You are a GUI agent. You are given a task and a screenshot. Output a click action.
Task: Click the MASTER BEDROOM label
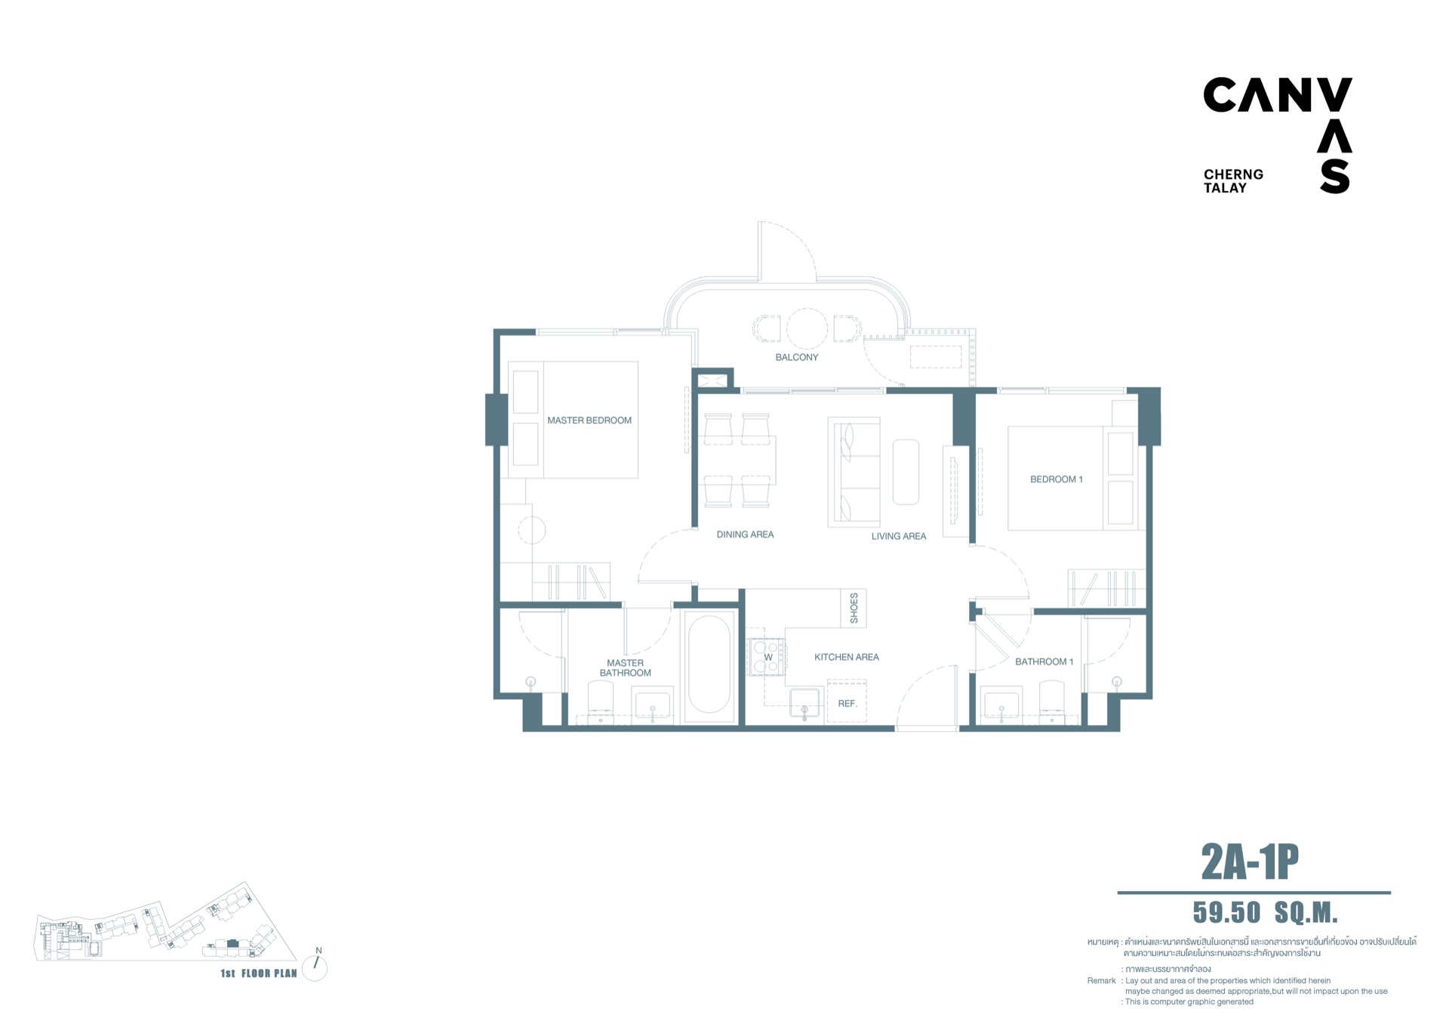coord(589,421)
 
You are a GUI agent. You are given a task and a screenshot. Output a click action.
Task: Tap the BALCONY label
coord(797,357)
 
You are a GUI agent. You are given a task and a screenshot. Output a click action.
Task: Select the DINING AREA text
coord(745,535)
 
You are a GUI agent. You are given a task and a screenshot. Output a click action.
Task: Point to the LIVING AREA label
coord(899,536)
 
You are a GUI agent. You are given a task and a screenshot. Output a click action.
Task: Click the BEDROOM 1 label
coord(1057,480)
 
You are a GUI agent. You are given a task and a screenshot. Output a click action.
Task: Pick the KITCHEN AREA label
coord(847,657)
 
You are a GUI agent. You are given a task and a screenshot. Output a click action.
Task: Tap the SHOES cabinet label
coord(854,608)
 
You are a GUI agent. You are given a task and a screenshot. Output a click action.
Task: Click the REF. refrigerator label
coord(848,704)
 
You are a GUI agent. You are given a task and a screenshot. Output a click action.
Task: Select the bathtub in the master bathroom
coord(709,665)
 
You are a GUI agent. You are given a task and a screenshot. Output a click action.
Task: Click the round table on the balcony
coord(808,329)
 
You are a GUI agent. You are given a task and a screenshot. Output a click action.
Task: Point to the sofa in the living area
coord(854,472)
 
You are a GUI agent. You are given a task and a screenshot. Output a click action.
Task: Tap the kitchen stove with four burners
coord(766,657)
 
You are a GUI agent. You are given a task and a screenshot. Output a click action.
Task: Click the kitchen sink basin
coord(804,702)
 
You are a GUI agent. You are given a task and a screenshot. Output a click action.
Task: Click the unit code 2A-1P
coord(1250,862)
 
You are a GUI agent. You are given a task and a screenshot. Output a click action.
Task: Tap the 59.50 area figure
coord(1226,913)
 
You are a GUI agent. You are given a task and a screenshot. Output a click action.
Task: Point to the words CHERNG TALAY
coord(1233,181)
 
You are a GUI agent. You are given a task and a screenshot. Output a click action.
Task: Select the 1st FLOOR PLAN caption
coord(259,973)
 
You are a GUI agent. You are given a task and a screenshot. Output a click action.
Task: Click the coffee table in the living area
coord(906,472)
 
